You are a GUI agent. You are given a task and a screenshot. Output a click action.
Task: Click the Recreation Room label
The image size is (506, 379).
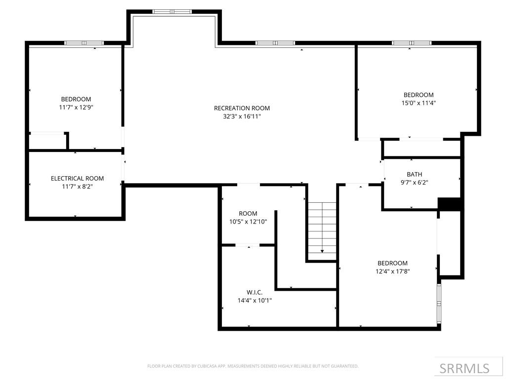click(x=242, y=108)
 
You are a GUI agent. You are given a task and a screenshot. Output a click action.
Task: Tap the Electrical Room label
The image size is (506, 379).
click(x=77, y=178)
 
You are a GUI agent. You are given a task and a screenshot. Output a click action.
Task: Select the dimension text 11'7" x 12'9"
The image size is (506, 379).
click(x=76, y=107)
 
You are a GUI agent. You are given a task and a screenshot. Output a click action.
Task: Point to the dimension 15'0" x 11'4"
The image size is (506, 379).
click(x=419, y=103)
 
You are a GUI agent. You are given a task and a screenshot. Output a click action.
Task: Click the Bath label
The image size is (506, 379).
click(x=414, y=174)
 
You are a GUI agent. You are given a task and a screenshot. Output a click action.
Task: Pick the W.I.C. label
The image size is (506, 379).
click(x=254, y=292)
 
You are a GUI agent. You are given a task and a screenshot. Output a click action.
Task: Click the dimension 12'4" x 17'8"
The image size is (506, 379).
click(x=392, y=271)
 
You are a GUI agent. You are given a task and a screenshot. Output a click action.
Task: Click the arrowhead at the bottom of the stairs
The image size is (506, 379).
click(x=322, y=251)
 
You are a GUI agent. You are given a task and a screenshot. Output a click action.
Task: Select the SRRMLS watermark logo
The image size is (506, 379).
click(x=464, y=368)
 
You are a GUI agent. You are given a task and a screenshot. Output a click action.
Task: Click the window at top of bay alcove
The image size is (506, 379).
click(x=171, y=11)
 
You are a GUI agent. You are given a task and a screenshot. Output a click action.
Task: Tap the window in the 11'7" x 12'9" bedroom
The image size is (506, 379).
click(x=84, y=43)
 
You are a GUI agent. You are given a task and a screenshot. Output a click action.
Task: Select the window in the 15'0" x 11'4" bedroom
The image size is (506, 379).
click(x=411, y=43)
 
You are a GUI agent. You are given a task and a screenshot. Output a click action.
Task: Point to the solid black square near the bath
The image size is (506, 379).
click(x=449, y=204)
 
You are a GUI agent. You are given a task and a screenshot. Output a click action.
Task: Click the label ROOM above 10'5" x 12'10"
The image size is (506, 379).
click(x=248, y=214)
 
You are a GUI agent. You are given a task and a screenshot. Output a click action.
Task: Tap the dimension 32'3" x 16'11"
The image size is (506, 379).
click(x=242, y=116)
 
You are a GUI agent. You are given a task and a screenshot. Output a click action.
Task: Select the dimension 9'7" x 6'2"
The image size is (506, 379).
click(x=414, y=182)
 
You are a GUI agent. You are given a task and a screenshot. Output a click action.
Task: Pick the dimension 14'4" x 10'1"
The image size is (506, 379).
click(x=254, y=300)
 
